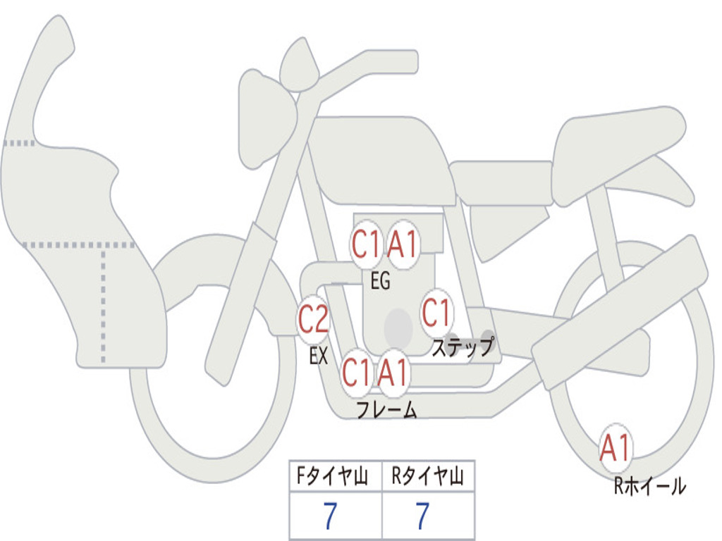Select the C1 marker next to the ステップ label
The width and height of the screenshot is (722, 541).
click(x=436, y=313)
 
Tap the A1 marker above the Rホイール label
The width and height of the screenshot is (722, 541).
click(x=616, y=448)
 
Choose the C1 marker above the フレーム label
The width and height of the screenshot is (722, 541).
click(x=356, y=372)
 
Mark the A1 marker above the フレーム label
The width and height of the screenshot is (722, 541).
click(x=392, y=372)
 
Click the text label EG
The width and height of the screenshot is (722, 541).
click(x=380, y=282)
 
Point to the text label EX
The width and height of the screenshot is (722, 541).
click(x=319, y=356)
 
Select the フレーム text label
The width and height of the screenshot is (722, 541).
click(x=386, y=409)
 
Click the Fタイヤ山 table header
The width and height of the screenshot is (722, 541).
click(x=335, y=478)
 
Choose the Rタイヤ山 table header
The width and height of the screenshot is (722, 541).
click(x=428, y=478)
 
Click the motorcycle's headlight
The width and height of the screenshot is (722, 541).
click(x=265, y=120)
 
